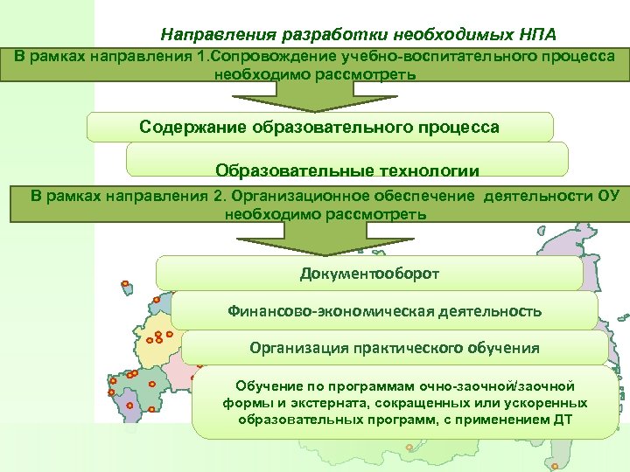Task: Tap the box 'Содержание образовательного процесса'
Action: coord(319,128)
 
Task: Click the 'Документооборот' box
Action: coord(369,274)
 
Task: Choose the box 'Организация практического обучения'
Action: coord(394,348)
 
